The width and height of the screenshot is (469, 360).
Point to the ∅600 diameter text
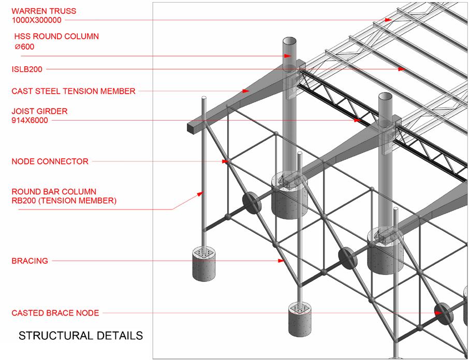(x=25, y=47)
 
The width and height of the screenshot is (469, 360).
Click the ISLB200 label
(x=27, y=69)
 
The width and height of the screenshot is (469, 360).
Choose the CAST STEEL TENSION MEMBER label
(x=74, y=92)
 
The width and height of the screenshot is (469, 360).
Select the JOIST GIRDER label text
(x=40, y=111)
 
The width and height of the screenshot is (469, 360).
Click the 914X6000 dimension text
(x=31, y=121)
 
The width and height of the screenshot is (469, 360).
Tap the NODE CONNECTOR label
(x=50, y=161)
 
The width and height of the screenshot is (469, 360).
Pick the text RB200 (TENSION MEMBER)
(x=64, y=201)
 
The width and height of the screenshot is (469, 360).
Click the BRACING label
(x=30, y=261)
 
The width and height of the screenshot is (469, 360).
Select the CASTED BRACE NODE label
(x=55, y=313)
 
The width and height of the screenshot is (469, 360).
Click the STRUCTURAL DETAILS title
(x=81, y=336)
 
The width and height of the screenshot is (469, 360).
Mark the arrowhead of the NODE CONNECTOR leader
(x=225, y=161)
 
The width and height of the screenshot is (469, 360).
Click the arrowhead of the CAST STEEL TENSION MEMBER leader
(x=245, y=92)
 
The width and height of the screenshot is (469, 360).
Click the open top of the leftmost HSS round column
(x=290, y=41)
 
